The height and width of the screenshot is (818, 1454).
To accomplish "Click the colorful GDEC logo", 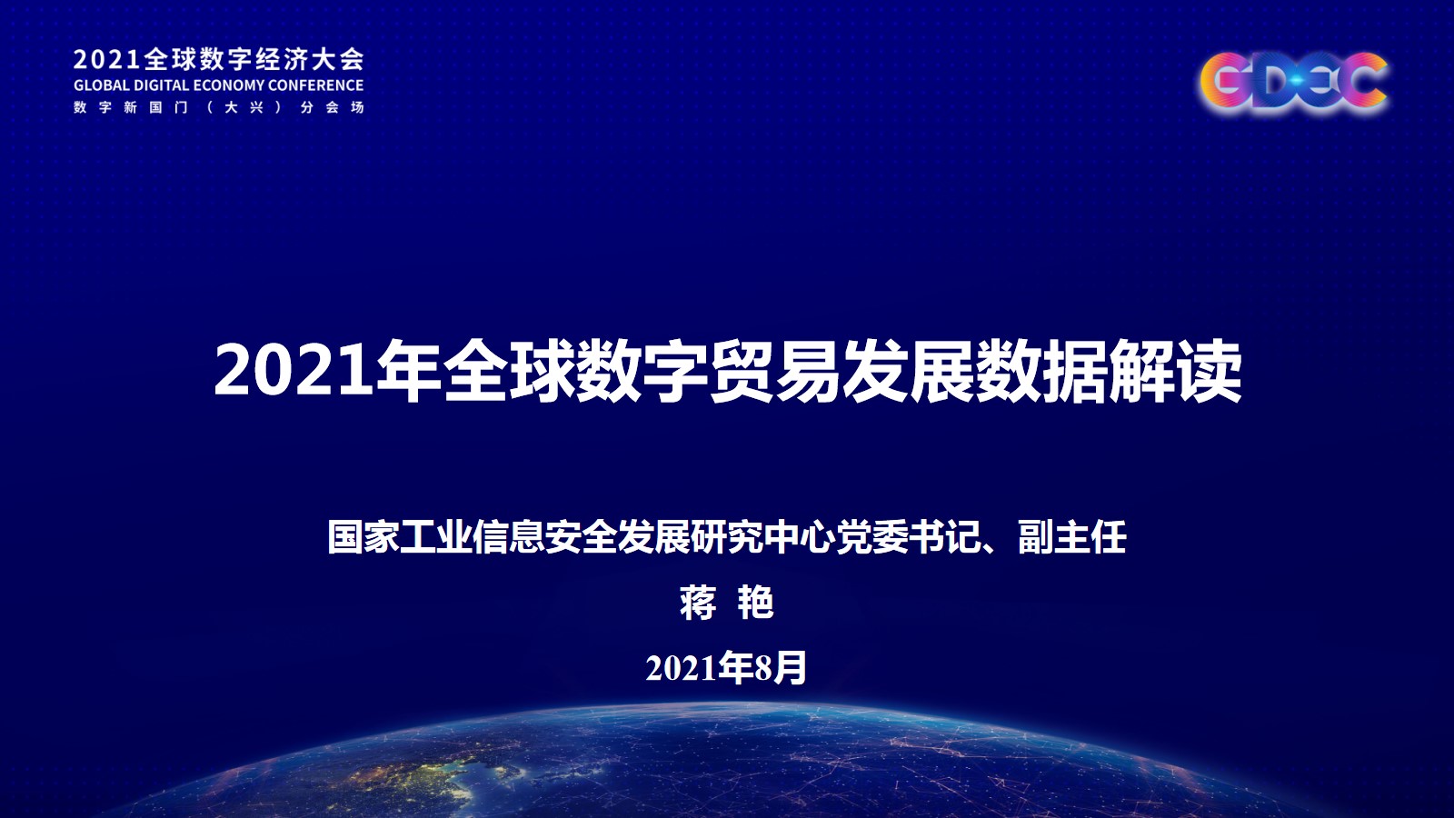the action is pyautogui.click(x=1294, y=84).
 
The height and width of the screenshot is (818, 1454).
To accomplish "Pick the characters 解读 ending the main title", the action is pyautogui.click(x=1174, y=372).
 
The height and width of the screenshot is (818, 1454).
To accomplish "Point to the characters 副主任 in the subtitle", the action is pyautogui.click(x=1071, y=537).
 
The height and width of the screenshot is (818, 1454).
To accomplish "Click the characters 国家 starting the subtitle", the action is pyautogui.click(x=364, y=537).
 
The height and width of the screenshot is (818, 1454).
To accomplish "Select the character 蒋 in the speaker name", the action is pyautogui.click(x=698, y=604).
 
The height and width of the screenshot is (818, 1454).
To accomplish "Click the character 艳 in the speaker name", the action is pyautogui.click(x=756, y=604).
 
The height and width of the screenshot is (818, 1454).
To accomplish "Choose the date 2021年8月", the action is pyautogui.click(x=726, y=667).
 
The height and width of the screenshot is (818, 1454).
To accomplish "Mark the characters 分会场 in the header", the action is pyautogui.click(x=332, y=108).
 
